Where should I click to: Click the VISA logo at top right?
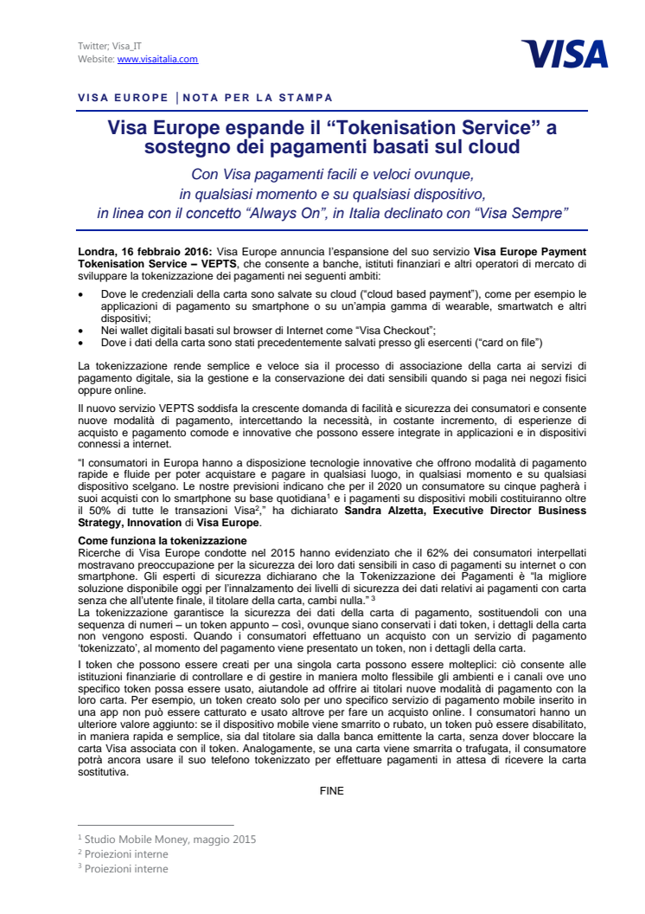click(565, 55)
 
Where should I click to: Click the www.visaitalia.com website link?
click(157, 59)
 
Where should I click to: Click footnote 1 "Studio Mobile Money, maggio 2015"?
click(169, 839)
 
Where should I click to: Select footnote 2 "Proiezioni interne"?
click(126, 854)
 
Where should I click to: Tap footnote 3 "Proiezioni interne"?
click(126, 869)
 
